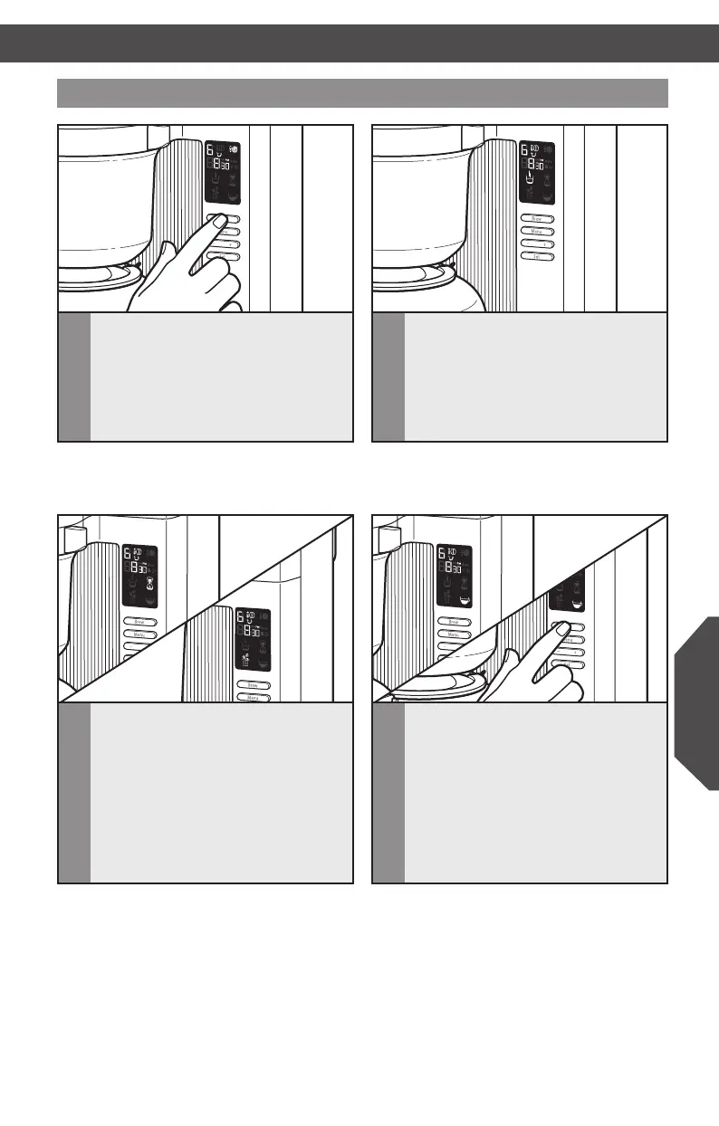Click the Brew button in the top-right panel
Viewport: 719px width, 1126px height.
(x=537, y=218)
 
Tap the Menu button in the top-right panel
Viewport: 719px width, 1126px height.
(x=537, y=231)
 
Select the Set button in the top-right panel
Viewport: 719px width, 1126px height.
(x=537, y=257)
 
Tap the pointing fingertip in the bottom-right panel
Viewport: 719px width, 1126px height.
(x=561, y=627)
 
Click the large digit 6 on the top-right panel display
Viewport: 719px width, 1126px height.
(x=525, y=149)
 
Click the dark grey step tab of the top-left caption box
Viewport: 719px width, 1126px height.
(x=74, y=377)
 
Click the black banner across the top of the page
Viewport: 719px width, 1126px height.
(x=359, y=43)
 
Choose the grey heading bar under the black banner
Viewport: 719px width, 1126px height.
(x=362, y=92)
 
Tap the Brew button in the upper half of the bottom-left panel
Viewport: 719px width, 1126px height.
(x=139, y=622)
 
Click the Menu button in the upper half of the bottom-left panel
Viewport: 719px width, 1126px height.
(x=139, y=635)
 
